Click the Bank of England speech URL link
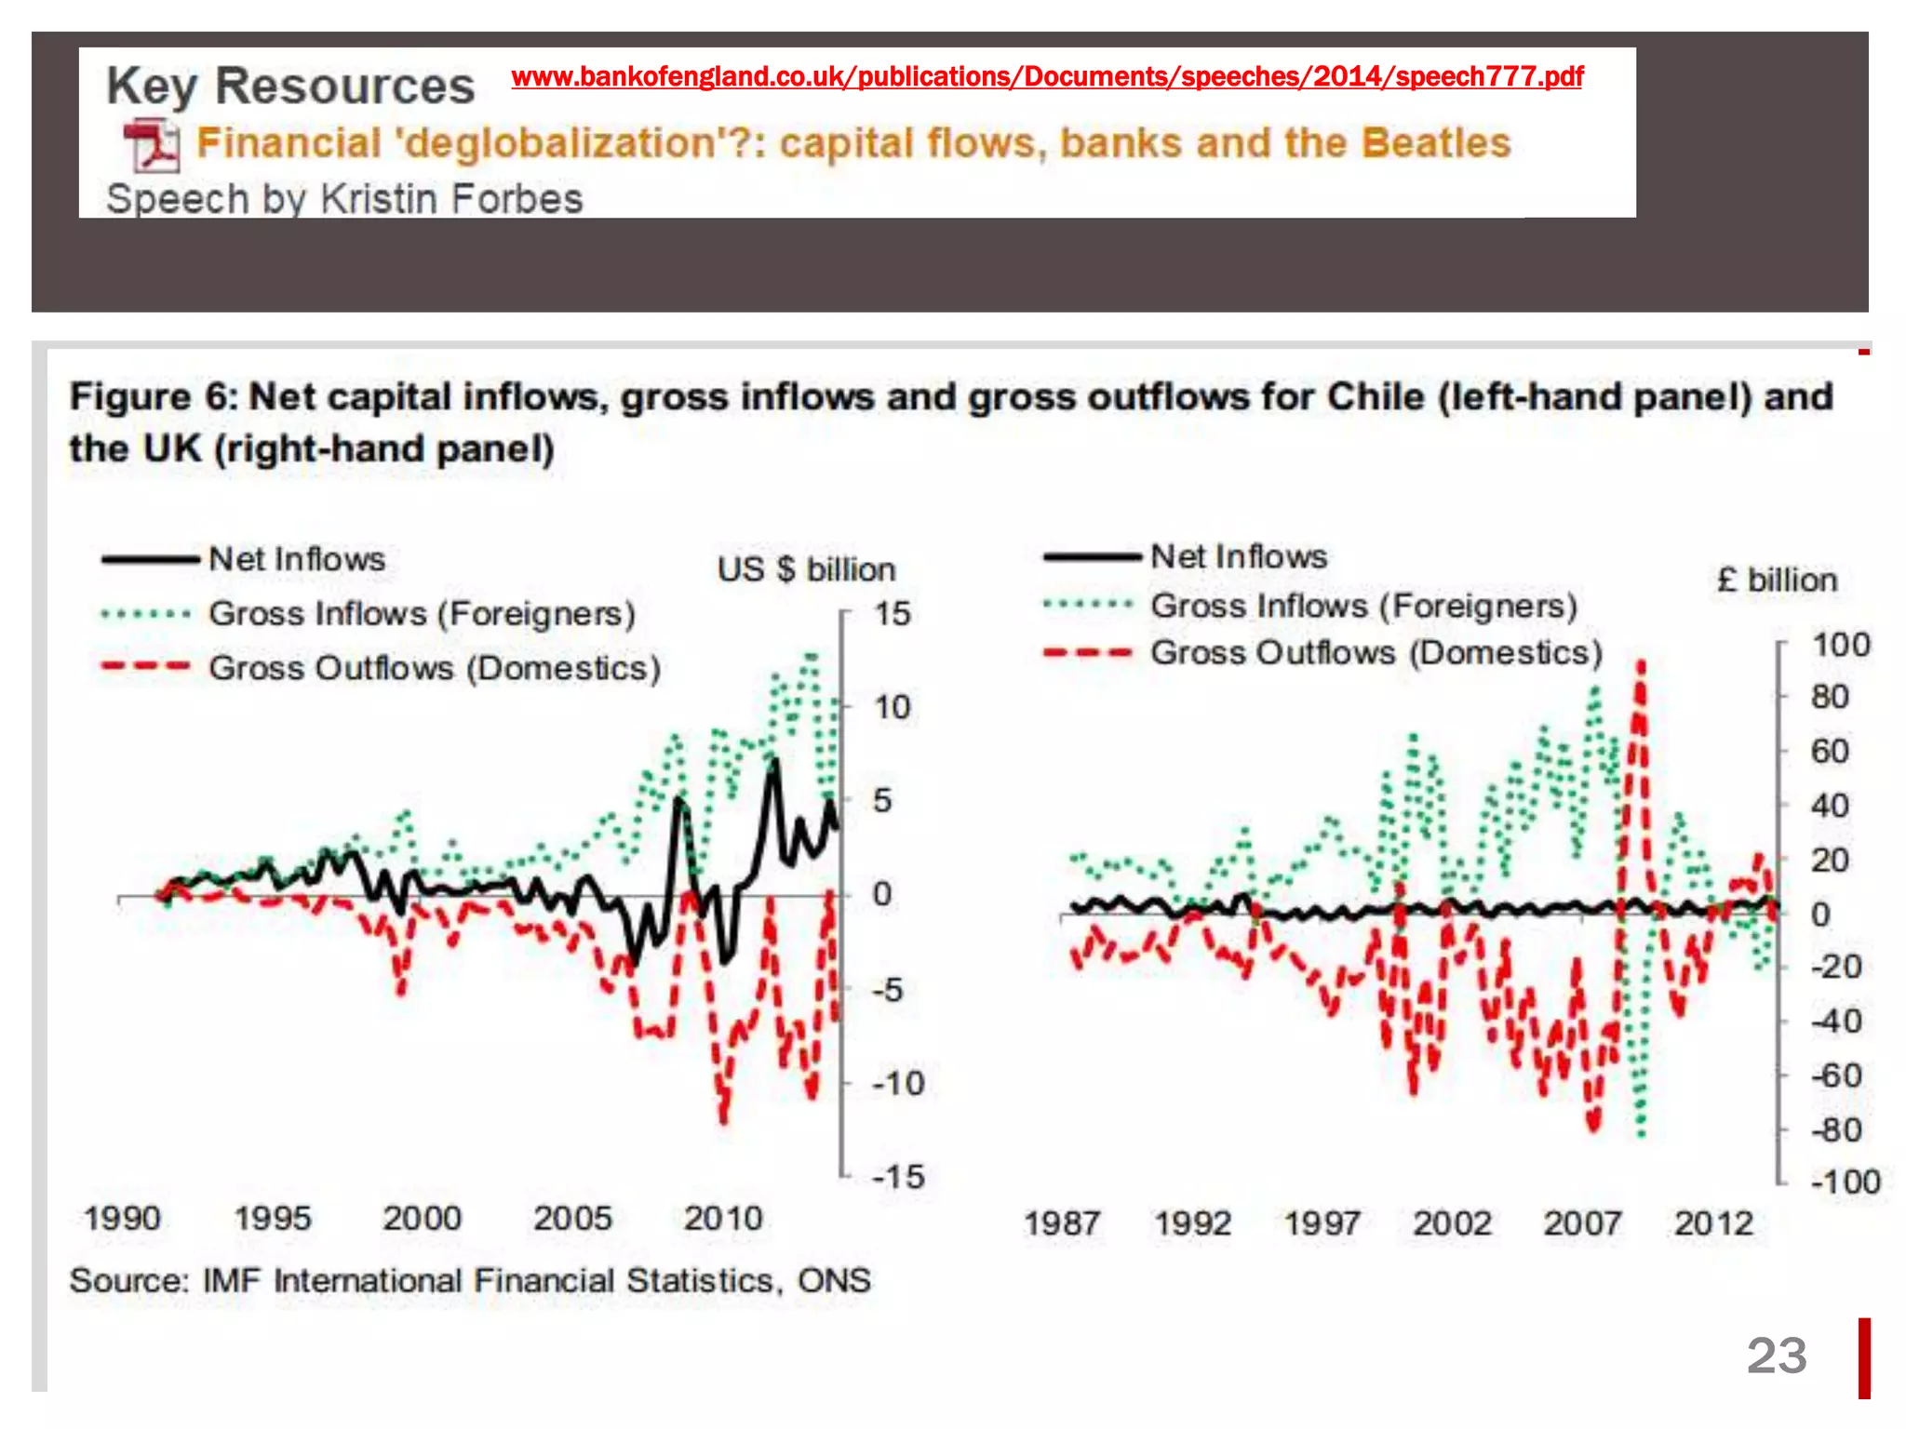click(x=1047, y=76)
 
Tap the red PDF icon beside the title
click(x=152, y=145)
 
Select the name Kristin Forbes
click(x=451, y=199)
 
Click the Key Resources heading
click(x=290, y=87)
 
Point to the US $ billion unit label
click(x=806, y=569)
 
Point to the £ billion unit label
click(x=1777, y=581)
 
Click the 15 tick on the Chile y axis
click(x=891, y=614)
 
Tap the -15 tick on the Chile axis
click(x=897, y=1177)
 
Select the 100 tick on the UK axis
click(x=1840, y=645)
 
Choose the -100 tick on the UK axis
click(x=1845, y=1182)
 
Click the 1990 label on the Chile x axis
click(x=122, y=1218)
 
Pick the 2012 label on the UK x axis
click(x=1713, y=1223)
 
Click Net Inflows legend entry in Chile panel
click(x=296, y=559)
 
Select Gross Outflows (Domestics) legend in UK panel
click(x=1376, y=653)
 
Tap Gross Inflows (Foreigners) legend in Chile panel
click(x=422, y=614)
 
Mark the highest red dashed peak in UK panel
click(x=1641, y=664)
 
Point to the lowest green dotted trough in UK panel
click(x=1641, y=1133)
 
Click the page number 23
click(x=1776, y=1356)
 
